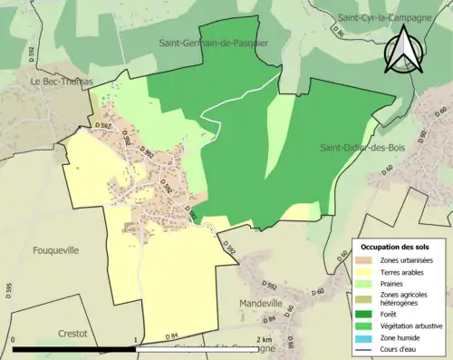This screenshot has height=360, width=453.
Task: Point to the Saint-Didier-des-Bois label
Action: pos(359,147)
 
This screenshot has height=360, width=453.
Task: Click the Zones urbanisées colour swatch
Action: pos(365,259)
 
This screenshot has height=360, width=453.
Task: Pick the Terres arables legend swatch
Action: pos(365,270)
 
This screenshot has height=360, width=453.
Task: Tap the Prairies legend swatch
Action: pos(365,281)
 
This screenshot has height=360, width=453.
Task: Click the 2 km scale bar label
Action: pos(264,339)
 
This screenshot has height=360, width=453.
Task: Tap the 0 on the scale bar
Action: pos(14,339)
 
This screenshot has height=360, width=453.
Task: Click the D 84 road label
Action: pos(172,336)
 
